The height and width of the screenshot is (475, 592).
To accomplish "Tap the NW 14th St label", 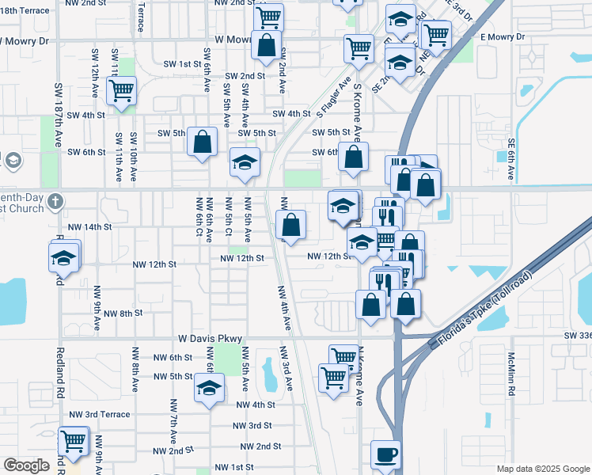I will point(90,226).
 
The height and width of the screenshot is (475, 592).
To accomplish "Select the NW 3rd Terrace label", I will point(99,414).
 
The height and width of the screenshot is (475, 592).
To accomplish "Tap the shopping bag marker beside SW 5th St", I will point(203,142).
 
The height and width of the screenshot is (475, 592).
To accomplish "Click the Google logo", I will point(26,465).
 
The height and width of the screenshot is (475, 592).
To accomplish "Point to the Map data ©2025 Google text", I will point(541,469).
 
